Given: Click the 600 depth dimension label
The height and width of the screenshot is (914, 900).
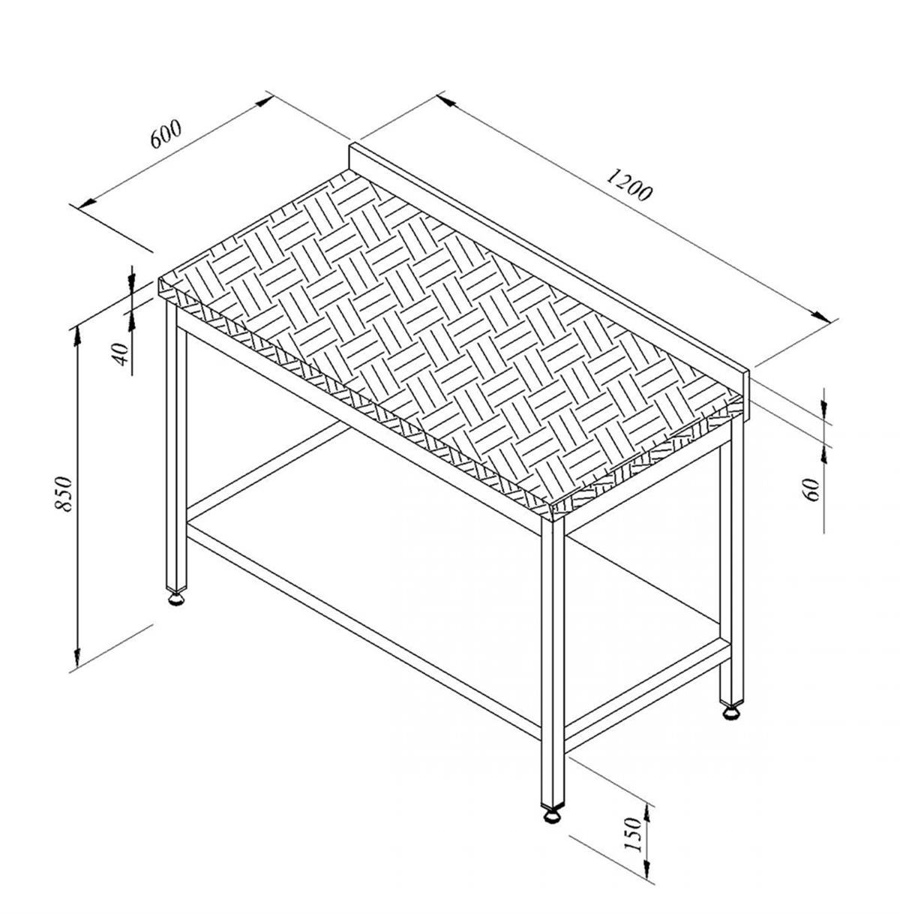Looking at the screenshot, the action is [166, 134].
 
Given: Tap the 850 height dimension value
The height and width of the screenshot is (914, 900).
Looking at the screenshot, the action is [63, 494].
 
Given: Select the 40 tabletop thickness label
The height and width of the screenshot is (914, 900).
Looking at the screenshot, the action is [121, 353].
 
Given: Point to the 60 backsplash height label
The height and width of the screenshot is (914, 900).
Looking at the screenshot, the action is [811, 490].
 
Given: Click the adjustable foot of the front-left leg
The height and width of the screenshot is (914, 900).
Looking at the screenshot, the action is [176, 600].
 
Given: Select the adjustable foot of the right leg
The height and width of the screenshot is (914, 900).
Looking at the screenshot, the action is [730, 713].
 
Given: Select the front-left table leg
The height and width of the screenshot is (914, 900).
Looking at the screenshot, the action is [176, 445].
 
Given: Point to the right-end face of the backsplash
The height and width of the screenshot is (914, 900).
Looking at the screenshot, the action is [745, 396].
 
